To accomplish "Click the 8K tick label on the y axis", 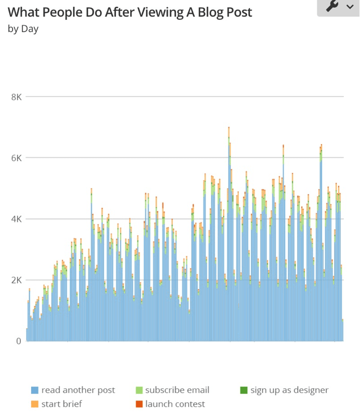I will coord(16,97).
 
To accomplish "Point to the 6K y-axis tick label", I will coord(16,158).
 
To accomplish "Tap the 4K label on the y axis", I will coord(16,219).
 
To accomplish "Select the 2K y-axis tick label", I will coord(16,280).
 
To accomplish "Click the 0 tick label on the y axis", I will coord(18,341).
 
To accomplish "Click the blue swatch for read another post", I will coord(35,390).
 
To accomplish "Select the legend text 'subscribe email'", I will coord(177,390).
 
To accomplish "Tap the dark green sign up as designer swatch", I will coord(243,390).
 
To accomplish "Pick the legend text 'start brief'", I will coord(62,404).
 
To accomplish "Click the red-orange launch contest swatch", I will coord(139,404).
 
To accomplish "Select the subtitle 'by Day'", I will coord(23,29).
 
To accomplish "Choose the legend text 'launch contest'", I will coord(175,404).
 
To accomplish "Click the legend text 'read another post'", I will coord(78,390).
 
